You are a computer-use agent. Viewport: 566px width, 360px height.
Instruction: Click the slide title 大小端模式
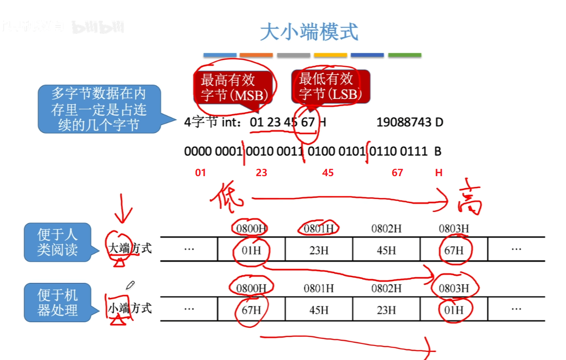[309, 32]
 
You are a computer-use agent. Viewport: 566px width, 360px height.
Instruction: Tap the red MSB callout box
[234, 87]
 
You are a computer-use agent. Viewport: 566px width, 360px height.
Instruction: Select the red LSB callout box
[330, 86]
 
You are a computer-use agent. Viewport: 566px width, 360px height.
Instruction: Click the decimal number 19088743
[404, 122]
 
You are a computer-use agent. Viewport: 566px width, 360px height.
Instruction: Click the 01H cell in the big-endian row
[251, 250]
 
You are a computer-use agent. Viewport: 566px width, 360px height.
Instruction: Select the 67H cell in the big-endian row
[453, 250]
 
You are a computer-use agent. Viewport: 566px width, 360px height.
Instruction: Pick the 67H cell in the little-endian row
[251, 309]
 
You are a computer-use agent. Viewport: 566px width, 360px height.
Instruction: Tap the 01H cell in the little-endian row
[453, 309]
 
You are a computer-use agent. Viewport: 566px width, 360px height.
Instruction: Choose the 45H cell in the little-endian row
[318, 309]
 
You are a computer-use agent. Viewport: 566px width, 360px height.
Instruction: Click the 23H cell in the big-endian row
[318, 250]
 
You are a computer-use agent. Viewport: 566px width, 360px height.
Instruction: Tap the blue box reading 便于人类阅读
[57, 242]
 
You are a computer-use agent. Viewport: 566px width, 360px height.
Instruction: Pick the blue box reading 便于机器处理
[57, 302]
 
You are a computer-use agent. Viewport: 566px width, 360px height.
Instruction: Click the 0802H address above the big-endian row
[386, 229]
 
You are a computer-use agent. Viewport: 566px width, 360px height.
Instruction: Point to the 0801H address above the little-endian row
[318, 288]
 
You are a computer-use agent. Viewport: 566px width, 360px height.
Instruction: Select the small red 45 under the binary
[328, 173]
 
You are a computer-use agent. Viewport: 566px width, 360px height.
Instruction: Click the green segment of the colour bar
[405, 55]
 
